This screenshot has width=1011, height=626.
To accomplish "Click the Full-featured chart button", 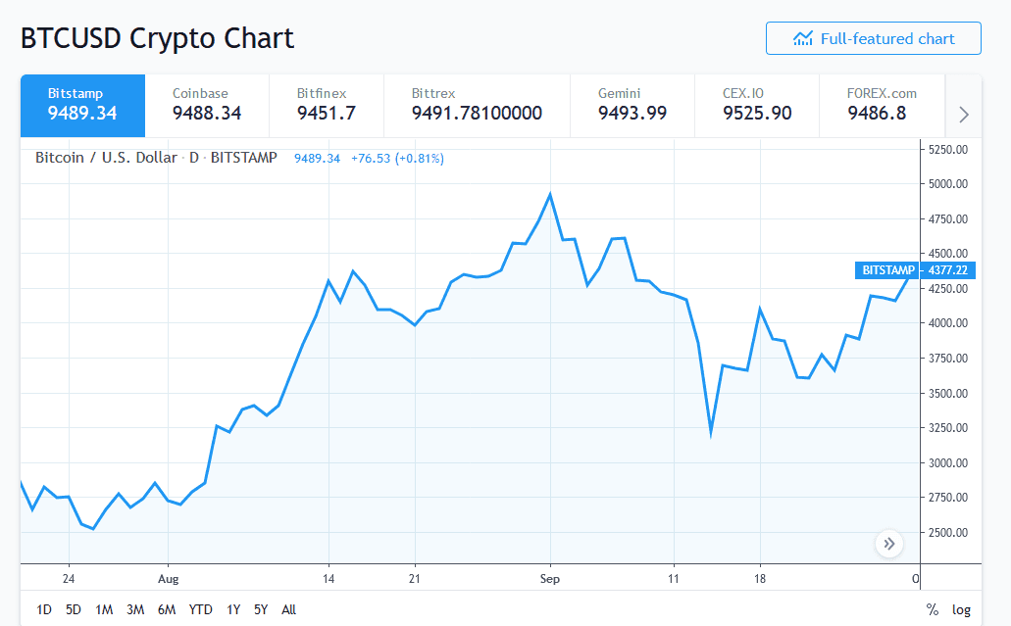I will (x=873, y=39).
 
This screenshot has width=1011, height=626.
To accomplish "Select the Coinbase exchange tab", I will (x=207, y=104).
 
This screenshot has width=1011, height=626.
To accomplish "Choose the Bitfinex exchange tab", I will (x=326, y=104).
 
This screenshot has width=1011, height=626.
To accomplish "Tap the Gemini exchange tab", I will (x=632, y=104).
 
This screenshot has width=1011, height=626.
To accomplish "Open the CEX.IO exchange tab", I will (x=757, y=104).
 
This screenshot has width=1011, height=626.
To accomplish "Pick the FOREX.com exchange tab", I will (x=882, y=104).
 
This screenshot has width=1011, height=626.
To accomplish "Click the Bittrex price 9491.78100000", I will (x=477, y=114).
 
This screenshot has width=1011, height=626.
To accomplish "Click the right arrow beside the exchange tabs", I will (x=963, y=115).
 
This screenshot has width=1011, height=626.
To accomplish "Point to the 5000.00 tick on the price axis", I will (x=947, y=183).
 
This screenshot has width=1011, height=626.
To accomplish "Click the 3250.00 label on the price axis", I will (x=947, y=428).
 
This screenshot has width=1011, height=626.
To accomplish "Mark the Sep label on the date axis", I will (x=550, y=579).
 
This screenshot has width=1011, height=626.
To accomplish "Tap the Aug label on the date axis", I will (x=169, y=579).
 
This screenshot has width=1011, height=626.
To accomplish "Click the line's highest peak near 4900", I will (x=550, y=194).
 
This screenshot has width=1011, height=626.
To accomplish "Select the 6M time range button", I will (x=167, y=609).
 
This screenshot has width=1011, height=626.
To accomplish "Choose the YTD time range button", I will (x=200, y=609).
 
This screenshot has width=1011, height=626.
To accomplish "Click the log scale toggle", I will (x=961, y=609).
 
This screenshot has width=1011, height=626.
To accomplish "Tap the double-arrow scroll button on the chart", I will (x=889, y=544).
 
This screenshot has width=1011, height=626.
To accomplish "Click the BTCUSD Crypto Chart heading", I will (x=157, y=38).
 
